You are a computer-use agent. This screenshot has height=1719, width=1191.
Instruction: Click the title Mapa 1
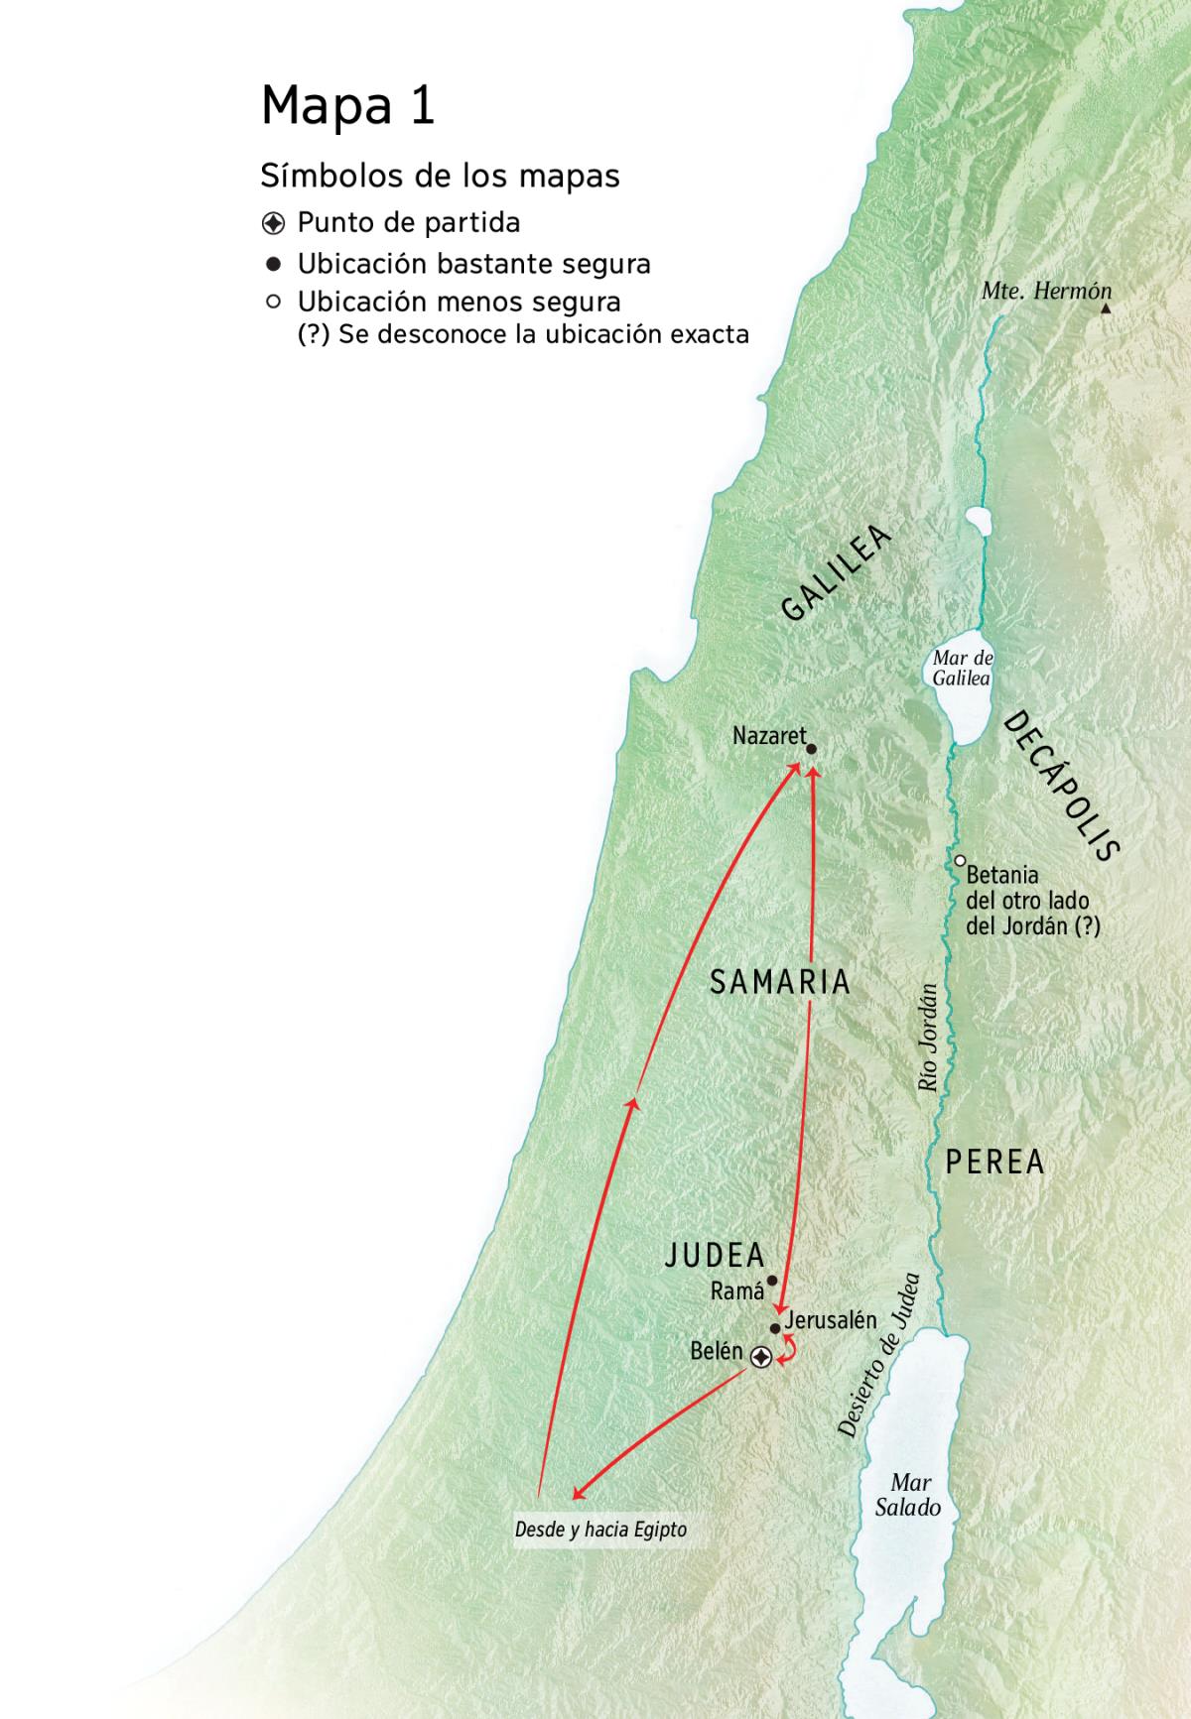tap(347, 105)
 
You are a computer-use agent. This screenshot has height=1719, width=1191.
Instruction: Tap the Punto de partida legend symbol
tap(274, 223)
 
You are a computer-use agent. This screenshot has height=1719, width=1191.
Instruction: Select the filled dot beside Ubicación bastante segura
tap(274, 265)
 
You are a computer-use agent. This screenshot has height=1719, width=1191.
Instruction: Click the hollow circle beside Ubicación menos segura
tap(274, 302)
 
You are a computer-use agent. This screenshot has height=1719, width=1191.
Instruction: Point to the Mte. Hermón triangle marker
tap(1106, 308)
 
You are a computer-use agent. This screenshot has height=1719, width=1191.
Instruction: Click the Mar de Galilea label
tap(962, 669)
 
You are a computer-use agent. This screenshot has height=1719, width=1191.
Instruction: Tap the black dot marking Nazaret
tap(811, 749)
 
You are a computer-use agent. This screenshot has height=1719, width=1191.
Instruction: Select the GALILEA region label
tap(836, 574)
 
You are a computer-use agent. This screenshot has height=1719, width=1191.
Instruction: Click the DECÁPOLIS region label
tap(1061, 786)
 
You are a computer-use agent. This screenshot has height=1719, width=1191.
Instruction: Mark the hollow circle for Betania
tap(960, 860)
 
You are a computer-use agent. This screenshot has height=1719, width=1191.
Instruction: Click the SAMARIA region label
tap(780, 982)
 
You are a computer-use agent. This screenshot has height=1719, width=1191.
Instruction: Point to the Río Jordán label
tap(929, 1038)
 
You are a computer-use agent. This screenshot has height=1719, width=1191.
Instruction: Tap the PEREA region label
tap(994, 1162)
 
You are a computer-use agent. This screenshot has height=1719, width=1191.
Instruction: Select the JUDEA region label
tap(715, 1255)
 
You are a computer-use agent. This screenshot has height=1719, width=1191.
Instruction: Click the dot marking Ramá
tap(772, 1280)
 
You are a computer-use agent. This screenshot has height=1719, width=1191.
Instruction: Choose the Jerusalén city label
tap(831, 1320)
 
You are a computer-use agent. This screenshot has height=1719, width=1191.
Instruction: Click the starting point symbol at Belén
tap(760, 1357)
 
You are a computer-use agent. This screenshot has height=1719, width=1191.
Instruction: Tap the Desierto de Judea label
tap(878, 1356)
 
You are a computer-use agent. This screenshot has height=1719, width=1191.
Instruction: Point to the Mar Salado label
tap(909, 1495)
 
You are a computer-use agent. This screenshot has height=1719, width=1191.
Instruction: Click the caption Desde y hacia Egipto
tap(600, 1530)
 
